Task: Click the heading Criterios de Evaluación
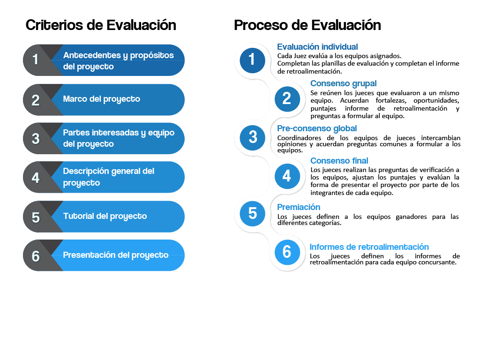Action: [x=101, y=25]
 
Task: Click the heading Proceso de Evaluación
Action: [x=307, y=25]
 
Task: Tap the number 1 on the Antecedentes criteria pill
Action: [x=35, y=60]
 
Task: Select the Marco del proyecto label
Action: [x=101, y=99]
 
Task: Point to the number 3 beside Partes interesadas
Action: [x=36, y=139]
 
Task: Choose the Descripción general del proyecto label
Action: [x=108, y=177]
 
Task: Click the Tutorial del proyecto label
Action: [x=105, y=216]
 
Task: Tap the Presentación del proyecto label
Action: [x=116, y=255]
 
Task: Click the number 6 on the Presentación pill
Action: [x=36, y=256]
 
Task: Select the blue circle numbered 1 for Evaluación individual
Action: [x=252, y=59]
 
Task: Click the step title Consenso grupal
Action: [x=343, y=83]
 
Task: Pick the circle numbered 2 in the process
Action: [x=287, y=98]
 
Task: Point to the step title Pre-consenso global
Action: [x=317, y=128]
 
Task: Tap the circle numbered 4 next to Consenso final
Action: [x=287, y=176]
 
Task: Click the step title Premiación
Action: [x=299, y=207]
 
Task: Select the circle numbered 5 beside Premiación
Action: [x=253, y=213]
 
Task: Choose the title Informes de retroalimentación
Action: [x=369, y=247]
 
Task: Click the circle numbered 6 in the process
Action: [x=287, y=252]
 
